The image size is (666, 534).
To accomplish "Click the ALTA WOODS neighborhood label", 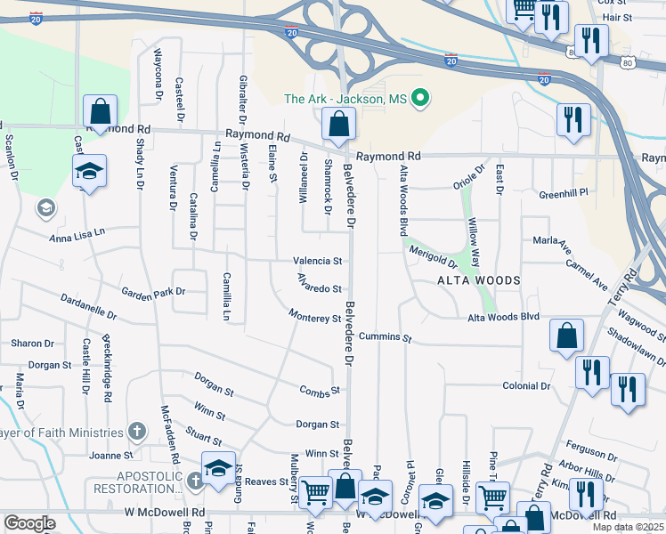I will coord(478,280).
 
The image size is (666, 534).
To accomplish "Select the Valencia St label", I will coord(318,262).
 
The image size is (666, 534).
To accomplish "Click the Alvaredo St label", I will coord(319,288).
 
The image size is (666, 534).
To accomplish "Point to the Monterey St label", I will coord(315,318).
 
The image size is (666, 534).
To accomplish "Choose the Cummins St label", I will coord(386,338).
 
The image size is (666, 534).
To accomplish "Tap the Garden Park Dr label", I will coord(153,291).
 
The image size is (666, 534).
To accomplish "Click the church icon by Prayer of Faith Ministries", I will coord(136,432).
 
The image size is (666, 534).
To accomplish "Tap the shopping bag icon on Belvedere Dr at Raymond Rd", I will coord(338,125).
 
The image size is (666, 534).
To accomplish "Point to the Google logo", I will coord(29,523).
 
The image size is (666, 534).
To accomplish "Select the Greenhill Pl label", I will coord(564,193).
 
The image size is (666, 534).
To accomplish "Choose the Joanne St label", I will coord(110,455).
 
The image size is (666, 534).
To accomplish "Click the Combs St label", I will coord(321,391).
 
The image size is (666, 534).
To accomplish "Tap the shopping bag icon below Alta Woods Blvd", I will coord(566,337).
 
